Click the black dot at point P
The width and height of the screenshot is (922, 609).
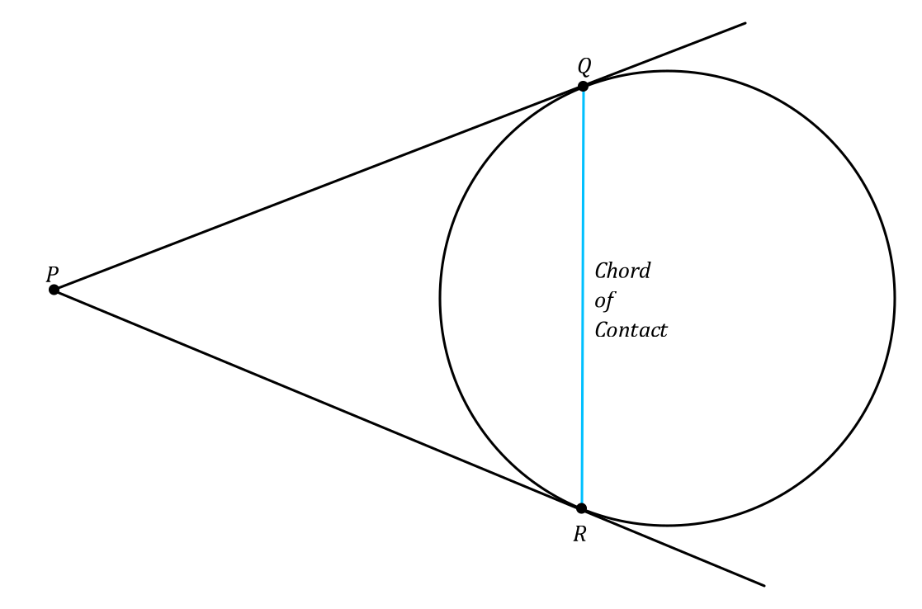pyautogui.click(x=54, y=290)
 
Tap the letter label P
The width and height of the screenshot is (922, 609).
pyautogui.click(x=52, y=274)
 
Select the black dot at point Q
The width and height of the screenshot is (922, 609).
pyautogui.click(x=583, y=86)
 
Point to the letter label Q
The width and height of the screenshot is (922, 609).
pyautogui.click(x=584, y=66)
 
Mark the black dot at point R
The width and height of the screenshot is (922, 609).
pyautogui.click(x=581, y=508)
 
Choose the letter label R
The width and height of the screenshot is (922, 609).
pyautogui.click(x=579, y=535)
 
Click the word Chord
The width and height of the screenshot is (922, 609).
pyautogui.click(x=622, y=271)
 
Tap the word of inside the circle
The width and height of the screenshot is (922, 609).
pyautogui.click(x=604, y=300)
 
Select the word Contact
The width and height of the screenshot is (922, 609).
pyautogui.click(x=631, y=330)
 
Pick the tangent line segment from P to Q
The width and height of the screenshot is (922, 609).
pyautogui.click(x=318, y=188)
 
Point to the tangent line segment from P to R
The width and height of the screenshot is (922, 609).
pyautogui.click(x=318, y=399)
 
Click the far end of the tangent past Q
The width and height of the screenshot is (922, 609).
pyautogui.click(x=745, y=23)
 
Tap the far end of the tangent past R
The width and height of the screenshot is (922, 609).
pyautogui.click(x=764, y=585)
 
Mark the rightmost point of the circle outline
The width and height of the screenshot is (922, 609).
pyautogui.click(x=895, y=298)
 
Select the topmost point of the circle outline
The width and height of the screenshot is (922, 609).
pyautogui.click(x=667, y=71)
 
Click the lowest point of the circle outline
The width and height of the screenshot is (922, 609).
pyautogui.click(x=667, y=525)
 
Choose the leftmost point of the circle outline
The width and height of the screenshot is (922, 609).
pyautogui.click(x=440, y=298)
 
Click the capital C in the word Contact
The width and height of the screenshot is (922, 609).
pyautogui.click(x=601, y=330)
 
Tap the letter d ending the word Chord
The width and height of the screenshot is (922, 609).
pyautogui.click(x=645, y=271)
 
